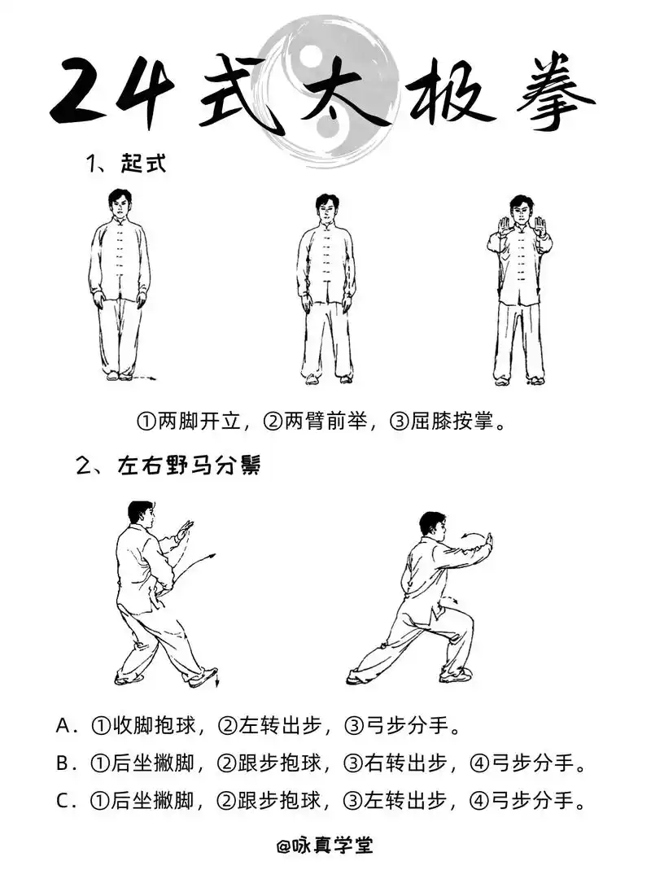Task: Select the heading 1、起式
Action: coord(126,163)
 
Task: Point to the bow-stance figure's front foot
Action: coord(456,675)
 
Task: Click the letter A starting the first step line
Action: coord(65,724)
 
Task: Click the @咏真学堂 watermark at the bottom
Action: coord(325,846)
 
